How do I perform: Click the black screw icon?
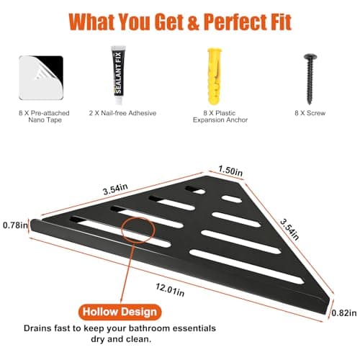(x=310, y=79)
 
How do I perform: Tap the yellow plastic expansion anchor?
(x=215, y=76)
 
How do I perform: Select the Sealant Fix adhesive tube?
(x=118, y=75)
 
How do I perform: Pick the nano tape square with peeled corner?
(x=41, y=78)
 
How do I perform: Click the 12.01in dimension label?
(x=170, y=289)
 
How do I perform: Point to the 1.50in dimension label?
(x=230, y=171)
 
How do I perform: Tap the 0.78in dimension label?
(x=15, y=225)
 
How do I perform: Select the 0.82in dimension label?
(x=344, y=313)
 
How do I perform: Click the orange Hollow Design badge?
(x=120, y=312)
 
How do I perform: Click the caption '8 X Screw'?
(x=310, y=113)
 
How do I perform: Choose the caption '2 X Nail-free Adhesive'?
(x=122, y=113)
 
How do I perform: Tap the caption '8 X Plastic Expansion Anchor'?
(x=220, y=117)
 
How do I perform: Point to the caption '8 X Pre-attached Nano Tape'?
(x=44, y=117)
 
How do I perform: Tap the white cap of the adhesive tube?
(x=119, y=100)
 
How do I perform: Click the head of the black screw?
(x=310, y=57)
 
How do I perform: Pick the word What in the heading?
(x=92, y=22)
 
